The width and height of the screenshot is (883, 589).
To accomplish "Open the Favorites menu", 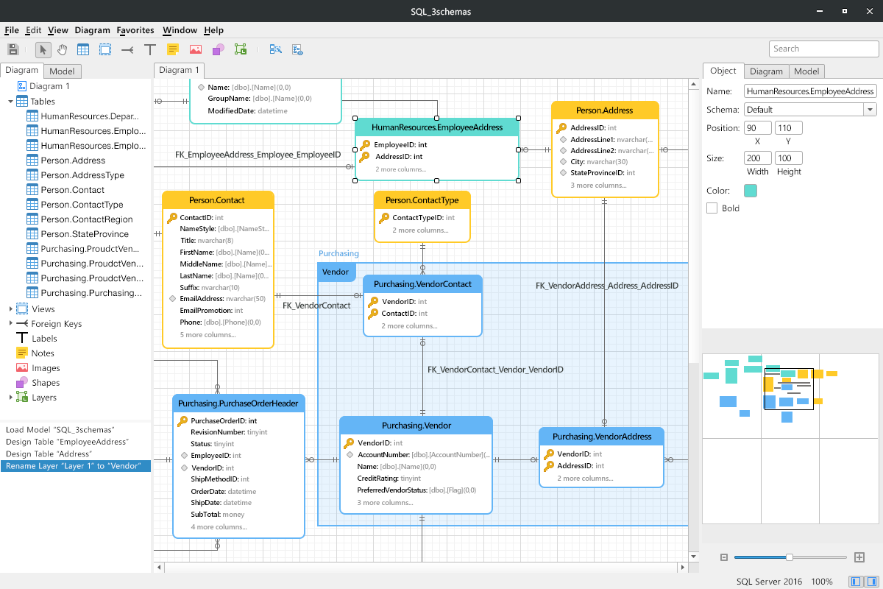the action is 135,30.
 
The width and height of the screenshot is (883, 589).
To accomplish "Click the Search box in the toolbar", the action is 823,49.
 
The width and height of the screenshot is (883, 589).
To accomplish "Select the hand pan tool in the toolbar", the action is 62,50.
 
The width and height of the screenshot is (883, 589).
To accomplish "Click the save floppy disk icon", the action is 13,50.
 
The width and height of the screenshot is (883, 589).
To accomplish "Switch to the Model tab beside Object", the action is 806,71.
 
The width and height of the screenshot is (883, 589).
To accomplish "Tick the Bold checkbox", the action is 712,208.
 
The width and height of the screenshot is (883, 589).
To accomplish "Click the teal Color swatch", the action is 750,191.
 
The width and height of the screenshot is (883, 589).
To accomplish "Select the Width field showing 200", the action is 757,158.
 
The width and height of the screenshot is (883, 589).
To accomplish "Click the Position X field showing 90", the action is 757,128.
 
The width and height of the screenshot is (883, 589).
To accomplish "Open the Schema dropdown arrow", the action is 870,110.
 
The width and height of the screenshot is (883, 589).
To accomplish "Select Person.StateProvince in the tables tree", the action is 85,234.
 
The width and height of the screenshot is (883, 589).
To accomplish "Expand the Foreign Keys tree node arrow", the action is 10,323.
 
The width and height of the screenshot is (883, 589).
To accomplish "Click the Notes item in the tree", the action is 43,353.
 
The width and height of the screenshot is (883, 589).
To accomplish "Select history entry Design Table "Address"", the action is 49,454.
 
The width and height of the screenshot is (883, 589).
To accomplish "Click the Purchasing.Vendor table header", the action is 416,426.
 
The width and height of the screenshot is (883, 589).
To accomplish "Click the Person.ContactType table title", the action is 422,200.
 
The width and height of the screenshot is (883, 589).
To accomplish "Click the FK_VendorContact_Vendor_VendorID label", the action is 495,370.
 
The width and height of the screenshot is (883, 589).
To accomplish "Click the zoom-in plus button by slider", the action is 859,557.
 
